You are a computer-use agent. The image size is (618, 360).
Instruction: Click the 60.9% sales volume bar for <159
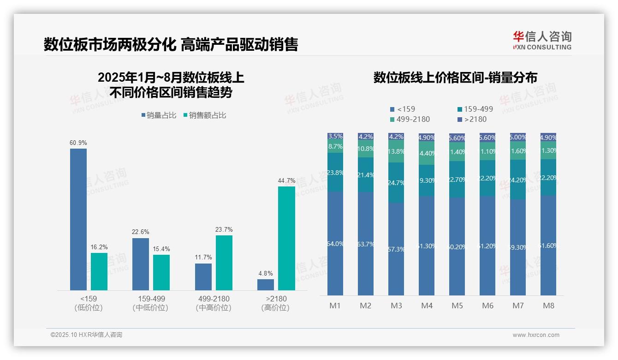[78, 219]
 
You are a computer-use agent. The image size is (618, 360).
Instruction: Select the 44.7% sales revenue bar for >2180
[286, 238]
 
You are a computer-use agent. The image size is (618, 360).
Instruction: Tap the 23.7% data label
[224, 229]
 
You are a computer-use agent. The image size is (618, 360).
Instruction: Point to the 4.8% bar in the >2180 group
[266, 285]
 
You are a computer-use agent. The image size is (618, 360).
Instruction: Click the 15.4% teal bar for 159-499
[161, 272]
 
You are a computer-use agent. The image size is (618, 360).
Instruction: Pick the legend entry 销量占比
[159, 115]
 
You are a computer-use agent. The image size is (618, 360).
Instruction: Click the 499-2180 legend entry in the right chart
[410, 120]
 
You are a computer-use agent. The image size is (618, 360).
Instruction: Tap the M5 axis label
[457, 306]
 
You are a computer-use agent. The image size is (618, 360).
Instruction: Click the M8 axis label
[548, 306]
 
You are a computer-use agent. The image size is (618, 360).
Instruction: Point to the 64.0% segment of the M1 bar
[335, 244]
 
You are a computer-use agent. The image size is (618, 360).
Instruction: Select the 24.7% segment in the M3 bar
[396, 183]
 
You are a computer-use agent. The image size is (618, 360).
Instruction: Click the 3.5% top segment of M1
[335, 136]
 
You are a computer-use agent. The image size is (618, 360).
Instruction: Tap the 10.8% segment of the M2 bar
[366, 149]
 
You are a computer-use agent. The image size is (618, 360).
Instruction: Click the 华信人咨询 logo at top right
[542, 40]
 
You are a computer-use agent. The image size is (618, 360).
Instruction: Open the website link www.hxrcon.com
[536, 335]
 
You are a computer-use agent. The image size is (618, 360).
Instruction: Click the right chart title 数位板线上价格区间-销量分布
[455, 78]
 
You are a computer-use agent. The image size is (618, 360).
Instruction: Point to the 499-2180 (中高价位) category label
[214, 303]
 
